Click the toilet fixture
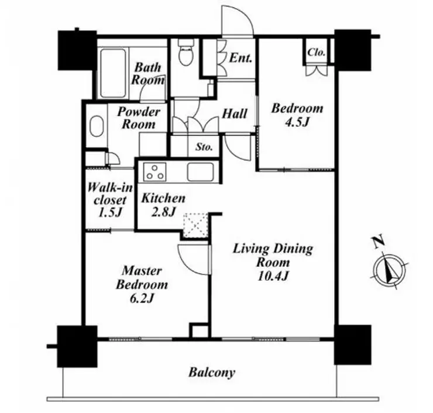pyautogui.click(x=185, y=52)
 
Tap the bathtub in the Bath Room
pyautogui.click(x=113, y=73)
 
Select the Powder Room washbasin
pyautogui.click(x=97, y=126)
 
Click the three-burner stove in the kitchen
pyautogui.click(x=154, y=172)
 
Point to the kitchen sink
pyautogui.click(x=201, y=172)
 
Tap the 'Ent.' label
pyautogui.click(x=241, y=58)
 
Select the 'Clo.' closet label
pyautogui.click(x=317, y=52)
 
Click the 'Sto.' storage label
pyautogui.click(x=204, y=147)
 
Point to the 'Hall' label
pyautogui.click(x=235, y=113)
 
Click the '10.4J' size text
pyautogui.click(x=273, y=276)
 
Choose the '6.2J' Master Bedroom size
pyautogui.click(x=142, y=298)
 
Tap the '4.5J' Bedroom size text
pyautogui.click(x=297, y=122)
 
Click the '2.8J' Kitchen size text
pyautogui.click(x=163, y=212)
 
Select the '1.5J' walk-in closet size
pyautogui.click(x=109, y=212)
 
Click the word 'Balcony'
pyautogui.click(x=212, y=373)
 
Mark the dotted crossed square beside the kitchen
pyautogui.click(x=195, y=225)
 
